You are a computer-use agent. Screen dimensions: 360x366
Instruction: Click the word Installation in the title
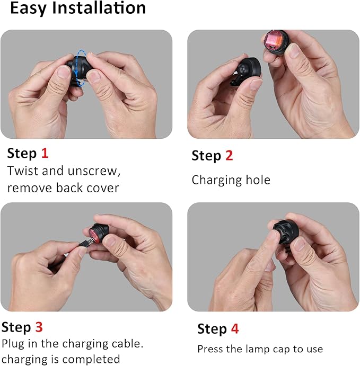point(99,8)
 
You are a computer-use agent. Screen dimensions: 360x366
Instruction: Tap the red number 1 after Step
point(45,154)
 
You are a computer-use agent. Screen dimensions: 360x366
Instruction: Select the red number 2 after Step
point(229,155)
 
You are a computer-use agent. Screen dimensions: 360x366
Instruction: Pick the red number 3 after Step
point(39,327)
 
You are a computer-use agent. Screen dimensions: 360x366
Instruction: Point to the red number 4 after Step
point(235,328)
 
